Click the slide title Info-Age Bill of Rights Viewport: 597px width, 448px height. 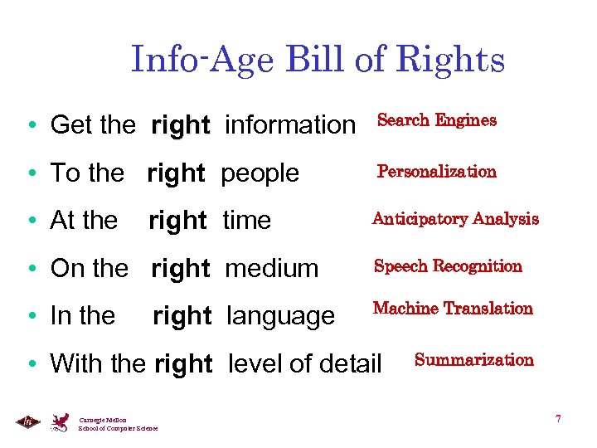[x=318, y=60]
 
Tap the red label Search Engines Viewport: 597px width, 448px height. [x=436, y=120]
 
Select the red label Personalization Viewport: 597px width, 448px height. [x=436, y=172]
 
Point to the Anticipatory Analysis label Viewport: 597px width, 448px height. [x=455, y=219]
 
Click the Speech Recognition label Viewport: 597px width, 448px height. [x=448, y=266]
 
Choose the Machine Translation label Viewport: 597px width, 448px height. [x=453, y=309]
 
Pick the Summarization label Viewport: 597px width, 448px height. [x=473, y=360]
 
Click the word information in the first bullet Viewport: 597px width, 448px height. [x=289, y=125]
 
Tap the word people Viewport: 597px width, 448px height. [x=260, y=173]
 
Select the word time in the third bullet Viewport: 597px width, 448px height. [x=247, y=221]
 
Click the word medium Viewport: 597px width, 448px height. [x=272, y=269]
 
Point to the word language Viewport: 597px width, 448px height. [x=280, y=316]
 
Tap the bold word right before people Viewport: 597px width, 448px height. [x=176, y=173]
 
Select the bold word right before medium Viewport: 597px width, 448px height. [x=181, y=269]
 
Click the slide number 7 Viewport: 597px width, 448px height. [x=558, y=419]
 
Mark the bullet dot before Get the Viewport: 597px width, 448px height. [x=30, y=126]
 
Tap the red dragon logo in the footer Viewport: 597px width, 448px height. [x=60, y=422]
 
